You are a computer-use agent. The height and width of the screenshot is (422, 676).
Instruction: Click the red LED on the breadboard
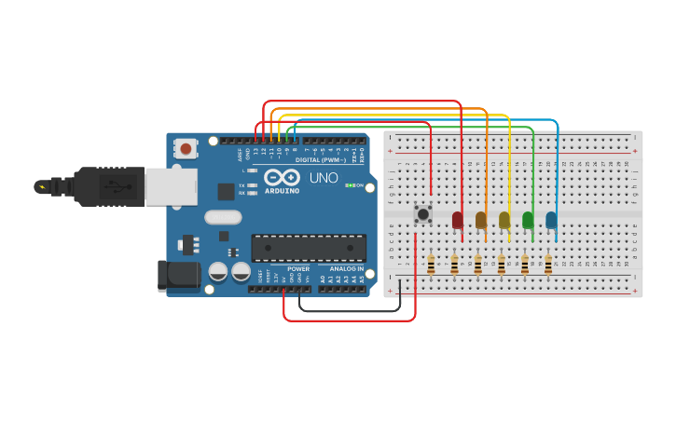click(x=457, y=220)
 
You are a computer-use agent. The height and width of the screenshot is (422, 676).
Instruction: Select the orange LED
click(x=481, y=220)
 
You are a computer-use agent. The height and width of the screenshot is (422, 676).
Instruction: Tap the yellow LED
click(x=504, y=220)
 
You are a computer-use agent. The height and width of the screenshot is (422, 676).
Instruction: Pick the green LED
click(x=528, y=220)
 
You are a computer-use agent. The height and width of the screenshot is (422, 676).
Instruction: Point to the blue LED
click(x=551, y=220)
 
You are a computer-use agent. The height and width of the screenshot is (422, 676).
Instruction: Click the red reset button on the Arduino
click(x=186, y=148)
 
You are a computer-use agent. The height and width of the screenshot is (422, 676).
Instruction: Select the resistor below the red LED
click(x=454, y=265)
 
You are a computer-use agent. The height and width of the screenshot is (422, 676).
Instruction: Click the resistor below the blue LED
click(x=548, y=265)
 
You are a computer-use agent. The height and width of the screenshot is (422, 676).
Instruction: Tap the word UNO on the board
click(x=324, y=177)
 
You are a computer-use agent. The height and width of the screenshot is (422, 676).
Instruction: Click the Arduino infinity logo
click(x=281, y=177)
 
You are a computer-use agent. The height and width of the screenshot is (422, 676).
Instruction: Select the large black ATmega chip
click(x=305, y=246)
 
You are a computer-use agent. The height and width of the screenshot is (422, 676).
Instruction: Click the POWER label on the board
click(x=298, y=268)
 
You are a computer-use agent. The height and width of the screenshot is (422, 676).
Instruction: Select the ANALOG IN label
click(x=347, y=268)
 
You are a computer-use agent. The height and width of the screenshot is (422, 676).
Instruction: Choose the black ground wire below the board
click(x=350, y=310)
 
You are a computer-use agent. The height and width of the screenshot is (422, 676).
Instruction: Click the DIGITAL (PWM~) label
click(x=320, y=159)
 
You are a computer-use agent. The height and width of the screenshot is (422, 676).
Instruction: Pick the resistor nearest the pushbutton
click(x=431, y=265)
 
